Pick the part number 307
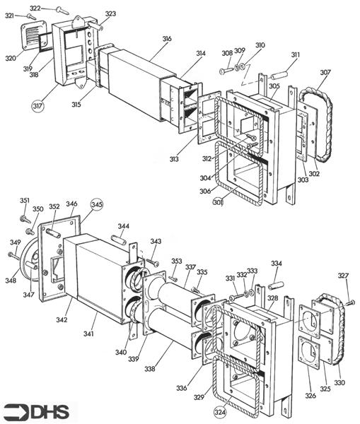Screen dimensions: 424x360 (325, 73)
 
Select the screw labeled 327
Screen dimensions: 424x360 (348, 302)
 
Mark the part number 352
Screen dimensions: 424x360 (54, 207)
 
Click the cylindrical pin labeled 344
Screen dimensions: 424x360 (118, 241)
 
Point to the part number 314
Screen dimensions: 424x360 (201, 54)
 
